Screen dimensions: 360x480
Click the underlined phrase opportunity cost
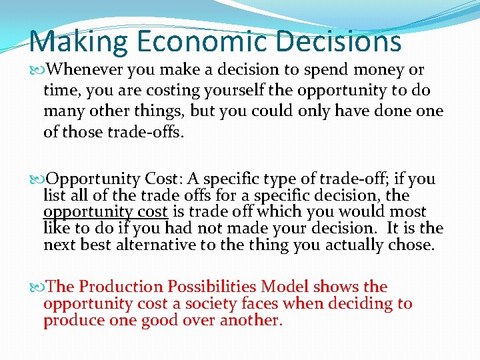click(x=106, y=213)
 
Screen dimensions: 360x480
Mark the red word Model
click(x=285, y=287)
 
